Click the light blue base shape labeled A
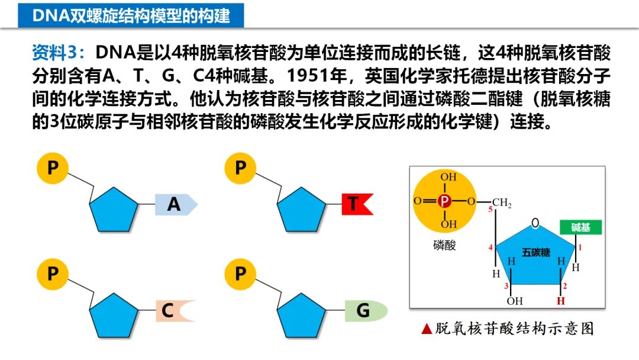(175, 204)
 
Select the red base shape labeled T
(356, 204)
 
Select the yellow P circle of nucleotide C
(53, 274)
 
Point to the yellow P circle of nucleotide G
(240, 274)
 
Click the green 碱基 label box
(581, 227)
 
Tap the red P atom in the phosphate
(445, 201)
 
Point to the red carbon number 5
(490, 210)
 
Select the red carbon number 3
(506, 287)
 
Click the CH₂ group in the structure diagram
(501, 203)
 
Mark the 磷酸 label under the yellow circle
(444, 245)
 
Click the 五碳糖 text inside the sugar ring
(535, 253)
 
